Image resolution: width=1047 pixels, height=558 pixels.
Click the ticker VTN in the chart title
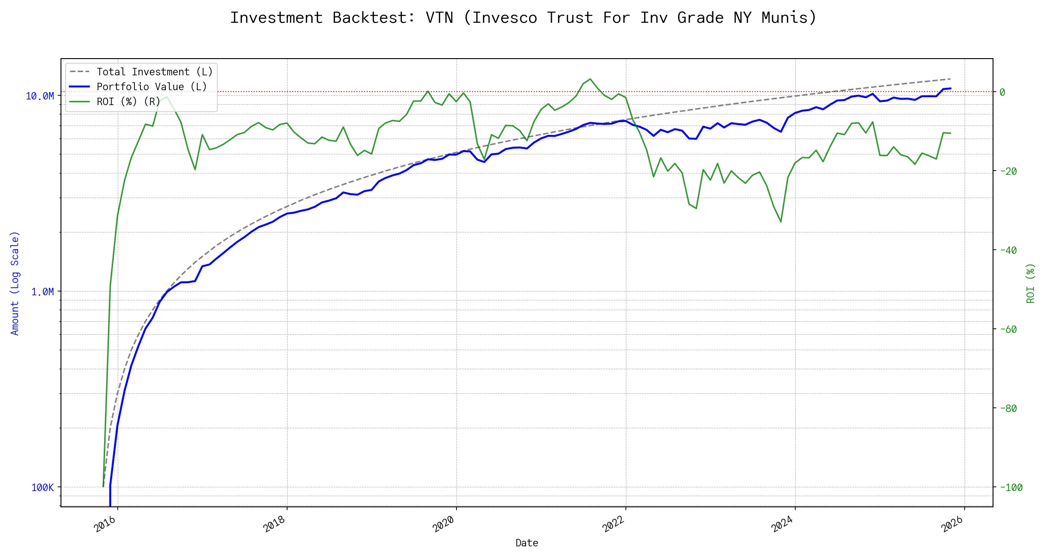pyautogui.click(x=439, y=18)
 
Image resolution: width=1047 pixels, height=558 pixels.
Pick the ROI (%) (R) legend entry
pyautogui.click(x=128, y=102)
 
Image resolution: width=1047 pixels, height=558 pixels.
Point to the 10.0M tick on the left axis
pyautogui.click(x=40, y=96)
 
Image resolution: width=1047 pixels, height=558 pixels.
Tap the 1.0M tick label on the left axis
pyautogui.click(x=42, y=292)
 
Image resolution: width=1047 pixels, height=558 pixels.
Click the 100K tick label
pyautogui.click(x=42, y=488)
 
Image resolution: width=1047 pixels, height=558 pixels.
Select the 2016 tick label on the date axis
pyautogui.click(x=105, y=524)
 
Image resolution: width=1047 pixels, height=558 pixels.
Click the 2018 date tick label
pyautogui.click(x=274, y=524)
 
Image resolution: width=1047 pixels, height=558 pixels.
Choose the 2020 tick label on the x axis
pyautogui.click(x=443, y=524)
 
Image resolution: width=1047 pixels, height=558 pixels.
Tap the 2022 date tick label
pyautogui.click(x=613, y=524)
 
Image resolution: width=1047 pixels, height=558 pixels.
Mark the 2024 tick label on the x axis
pyautogui.click(x=782, y=524)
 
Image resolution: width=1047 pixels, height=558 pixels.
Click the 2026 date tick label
pyautogui.click(x=952, y=524)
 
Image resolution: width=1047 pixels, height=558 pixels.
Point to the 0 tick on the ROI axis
pyautogui.click(x=1002, y=93)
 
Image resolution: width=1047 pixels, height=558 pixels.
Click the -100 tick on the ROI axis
pyautogui.click(x=1011, y=488)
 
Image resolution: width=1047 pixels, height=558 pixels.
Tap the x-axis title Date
pyautogui.click(x=527, y=543)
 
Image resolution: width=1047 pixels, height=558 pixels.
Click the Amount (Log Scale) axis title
pyautogui.click(x=15, y=283)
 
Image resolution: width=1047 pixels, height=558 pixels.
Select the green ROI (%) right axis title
pyautogui.click(x=1031, y=283)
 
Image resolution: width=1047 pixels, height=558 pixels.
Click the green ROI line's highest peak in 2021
pyautogui.click(x=590, y=79)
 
